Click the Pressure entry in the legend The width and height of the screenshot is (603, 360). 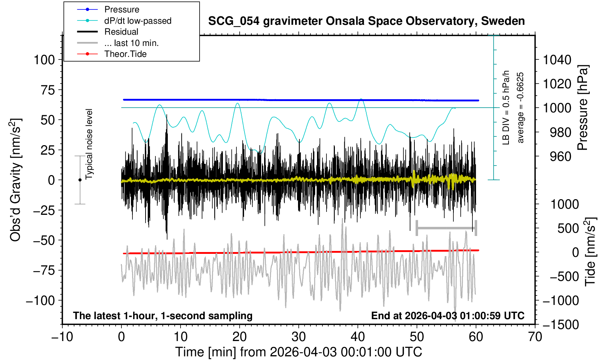[121, 9]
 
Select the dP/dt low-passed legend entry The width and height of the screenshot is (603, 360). [138, 21]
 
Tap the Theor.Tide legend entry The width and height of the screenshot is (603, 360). [125, 54]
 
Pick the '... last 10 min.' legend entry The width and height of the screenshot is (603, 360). [131, 43]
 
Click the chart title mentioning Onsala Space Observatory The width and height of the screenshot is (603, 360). [366, 21]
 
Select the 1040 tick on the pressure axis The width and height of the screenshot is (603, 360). [557, 59]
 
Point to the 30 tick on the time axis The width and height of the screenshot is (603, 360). [299, 336]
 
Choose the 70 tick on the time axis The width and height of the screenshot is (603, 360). [535, 336]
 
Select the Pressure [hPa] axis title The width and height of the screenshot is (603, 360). [583, 108]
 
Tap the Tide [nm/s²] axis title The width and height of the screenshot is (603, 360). [590, 252]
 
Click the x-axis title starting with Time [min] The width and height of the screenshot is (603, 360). [298, 352]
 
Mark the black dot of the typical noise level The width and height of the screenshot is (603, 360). [80, 180]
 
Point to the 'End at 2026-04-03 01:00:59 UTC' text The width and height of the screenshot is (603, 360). [448, 316]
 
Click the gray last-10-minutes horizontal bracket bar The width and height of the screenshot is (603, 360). [446, 228]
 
